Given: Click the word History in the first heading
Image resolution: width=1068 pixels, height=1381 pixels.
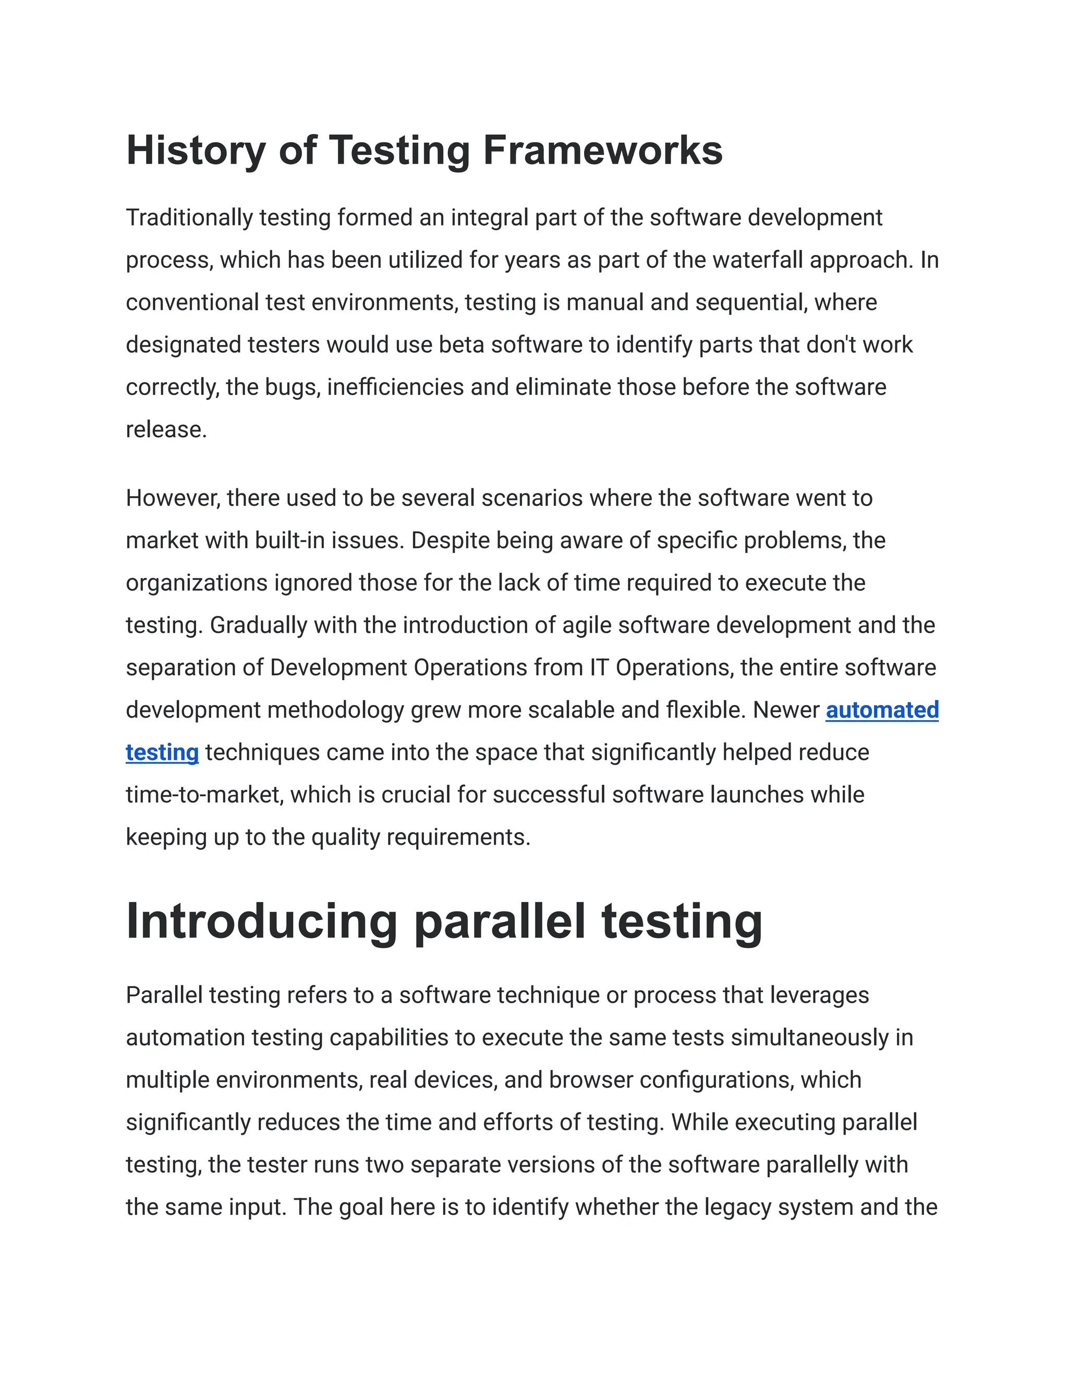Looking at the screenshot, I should coord(196,151).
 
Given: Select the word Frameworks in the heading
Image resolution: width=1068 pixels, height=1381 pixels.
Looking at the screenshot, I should coord(602,151).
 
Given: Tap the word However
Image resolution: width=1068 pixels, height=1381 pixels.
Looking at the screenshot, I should coord(173,498).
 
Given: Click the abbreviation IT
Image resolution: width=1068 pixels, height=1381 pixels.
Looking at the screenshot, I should coord(599,667).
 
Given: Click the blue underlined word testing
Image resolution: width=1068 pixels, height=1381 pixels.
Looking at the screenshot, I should coord(162,753).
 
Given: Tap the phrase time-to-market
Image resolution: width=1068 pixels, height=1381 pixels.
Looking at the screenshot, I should coord(204,795).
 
